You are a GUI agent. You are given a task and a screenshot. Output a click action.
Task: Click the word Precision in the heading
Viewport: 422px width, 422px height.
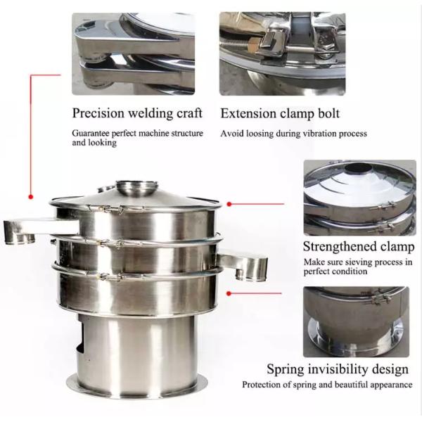coord(98,113)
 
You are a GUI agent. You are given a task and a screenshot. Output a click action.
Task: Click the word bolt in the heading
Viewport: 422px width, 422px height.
coord(328,113)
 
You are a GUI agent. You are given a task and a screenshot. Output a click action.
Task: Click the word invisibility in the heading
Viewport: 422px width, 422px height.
coord(338,369)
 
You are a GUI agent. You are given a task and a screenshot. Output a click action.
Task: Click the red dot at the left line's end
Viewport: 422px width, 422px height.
coord(31,197)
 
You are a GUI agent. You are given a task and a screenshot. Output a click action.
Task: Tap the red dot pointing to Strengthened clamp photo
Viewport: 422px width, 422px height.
coord(229,204)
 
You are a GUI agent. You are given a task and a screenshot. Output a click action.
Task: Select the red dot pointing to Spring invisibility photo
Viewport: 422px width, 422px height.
coord(229,293)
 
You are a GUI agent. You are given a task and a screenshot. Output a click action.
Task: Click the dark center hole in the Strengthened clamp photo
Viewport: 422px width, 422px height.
coord(359,168)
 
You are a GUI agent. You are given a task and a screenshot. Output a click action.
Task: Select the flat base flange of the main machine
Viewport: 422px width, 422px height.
coord(136,388)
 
